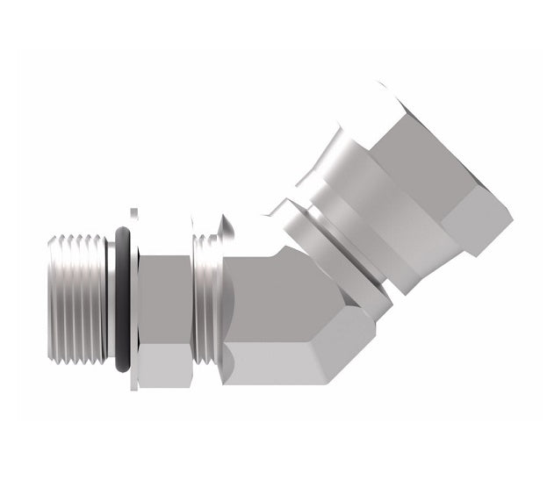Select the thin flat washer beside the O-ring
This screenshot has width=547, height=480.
point(133,298)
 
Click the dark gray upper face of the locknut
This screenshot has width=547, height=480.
point(164,298)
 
